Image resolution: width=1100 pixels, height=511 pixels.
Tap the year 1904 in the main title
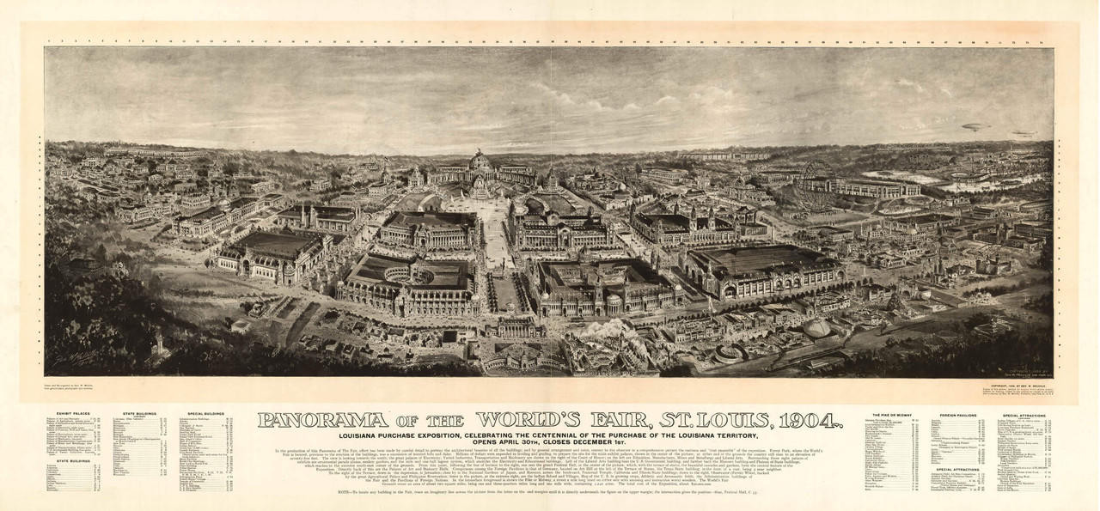797,420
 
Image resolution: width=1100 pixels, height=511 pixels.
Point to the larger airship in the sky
976,127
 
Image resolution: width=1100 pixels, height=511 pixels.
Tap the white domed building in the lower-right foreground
816,328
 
